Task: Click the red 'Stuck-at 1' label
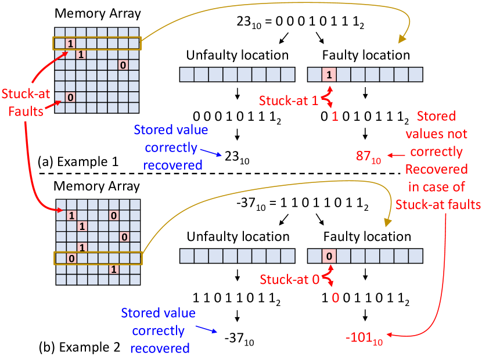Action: point(288,100)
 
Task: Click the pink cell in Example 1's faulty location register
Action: point(328,74)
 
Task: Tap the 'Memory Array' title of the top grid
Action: point(97,13)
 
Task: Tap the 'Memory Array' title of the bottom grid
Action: point(97,186)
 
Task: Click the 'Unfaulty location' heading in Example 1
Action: point(238,55)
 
